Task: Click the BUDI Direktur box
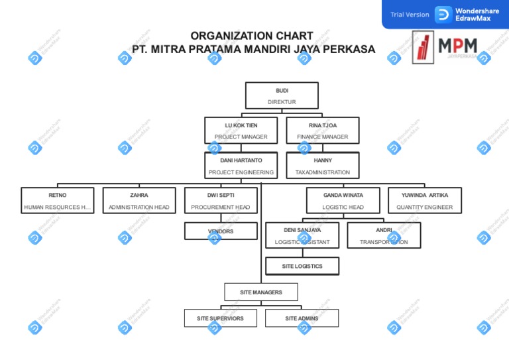coord(282,95)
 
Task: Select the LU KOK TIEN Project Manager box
coord(241,131)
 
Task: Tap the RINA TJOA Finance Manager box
coord(323,131)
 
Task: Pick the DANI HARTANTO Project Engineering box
coord(241,166)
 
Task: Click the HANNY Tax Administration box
coord(323,166)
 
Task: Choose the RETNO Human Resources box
coord(58,201)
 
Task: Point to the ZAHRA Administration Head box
coord(139,201)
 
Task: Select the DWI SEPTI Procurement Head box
coord(221,201)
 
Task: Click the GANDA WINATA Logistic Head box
coord(343,201)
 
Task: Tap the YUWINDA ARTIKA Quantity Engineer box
coord(425,201)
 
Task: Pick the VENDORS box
coord(221,231)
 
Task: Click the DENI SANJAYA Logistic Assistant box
coord(302,235)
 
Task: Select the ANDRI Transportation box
coord(384,235)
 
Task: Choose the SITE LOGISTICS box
coord(302,266)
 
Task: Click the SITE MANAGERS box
coord(261,292)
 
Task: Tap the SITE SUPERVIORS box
coord(220,318)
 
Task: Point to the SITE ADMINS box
coord(302,318)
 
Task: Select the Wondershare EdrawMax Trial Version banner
coord(445,15)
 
